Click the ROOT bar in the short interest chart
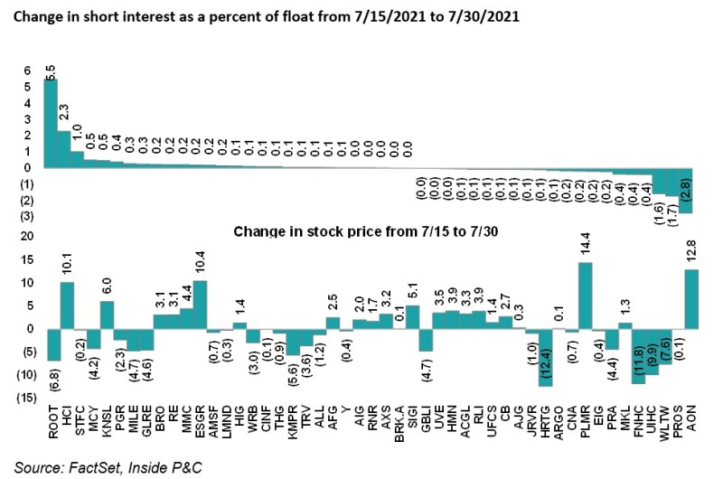click(x=51, y=123)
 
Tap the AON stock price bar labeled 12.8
click(x=691, y=299)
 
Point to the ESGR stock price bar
click(x=200, y=305)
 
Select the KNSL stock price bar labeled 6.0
click(x=107, y=315)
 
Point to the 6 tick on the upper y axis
click(x=27, y=70)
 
